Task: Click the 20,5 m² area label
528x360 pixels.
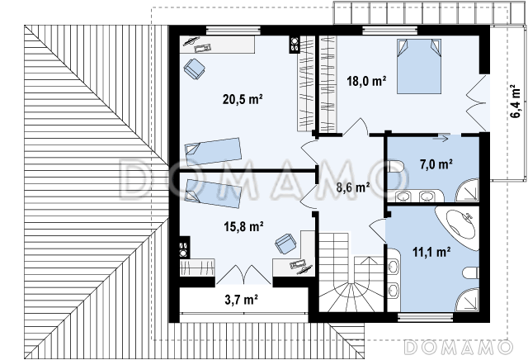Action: (243, 99)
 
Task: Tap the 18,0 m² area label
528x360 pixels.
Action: (366, 81)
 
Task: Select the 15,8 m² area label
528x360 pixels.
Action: (243, 226)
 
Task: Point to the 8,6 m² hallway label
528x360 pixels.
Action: (353, 187)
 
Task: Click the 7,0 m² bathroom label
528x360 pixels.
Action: (436, 164)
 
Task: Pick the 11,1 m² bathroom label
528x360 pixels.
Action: (431, 252)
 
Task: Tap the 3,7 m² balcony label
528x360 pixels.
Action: (241, 300)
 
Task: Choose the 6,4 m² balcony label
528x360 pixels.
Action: (516, 101)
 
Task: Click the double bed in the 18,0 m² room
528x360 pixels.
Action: (419, 66)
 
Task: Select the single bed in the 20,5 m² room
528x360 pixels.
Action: (213, 151)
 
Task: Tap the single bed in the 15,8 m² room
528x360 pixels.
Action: (213, 193)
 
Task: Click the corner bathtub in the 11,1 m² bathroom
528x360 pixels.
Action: (459, 227)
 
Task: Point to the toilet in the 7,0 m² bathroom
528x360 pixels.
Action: (395, 166)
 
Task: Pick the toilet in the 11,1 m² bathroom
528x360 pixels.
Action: (471, 272)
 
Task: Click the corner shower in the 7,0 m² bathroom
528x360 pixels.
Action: (467, 191)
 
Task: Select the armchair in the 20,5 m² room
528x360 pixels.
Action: (195, 69)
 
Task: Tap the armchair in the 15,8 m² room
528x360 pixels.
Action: (285, 244)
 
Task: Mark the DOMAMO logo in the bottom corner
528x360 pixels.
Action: (459, 347)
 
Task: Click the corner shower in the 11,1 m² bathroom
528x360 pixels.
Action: (467, 300)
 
